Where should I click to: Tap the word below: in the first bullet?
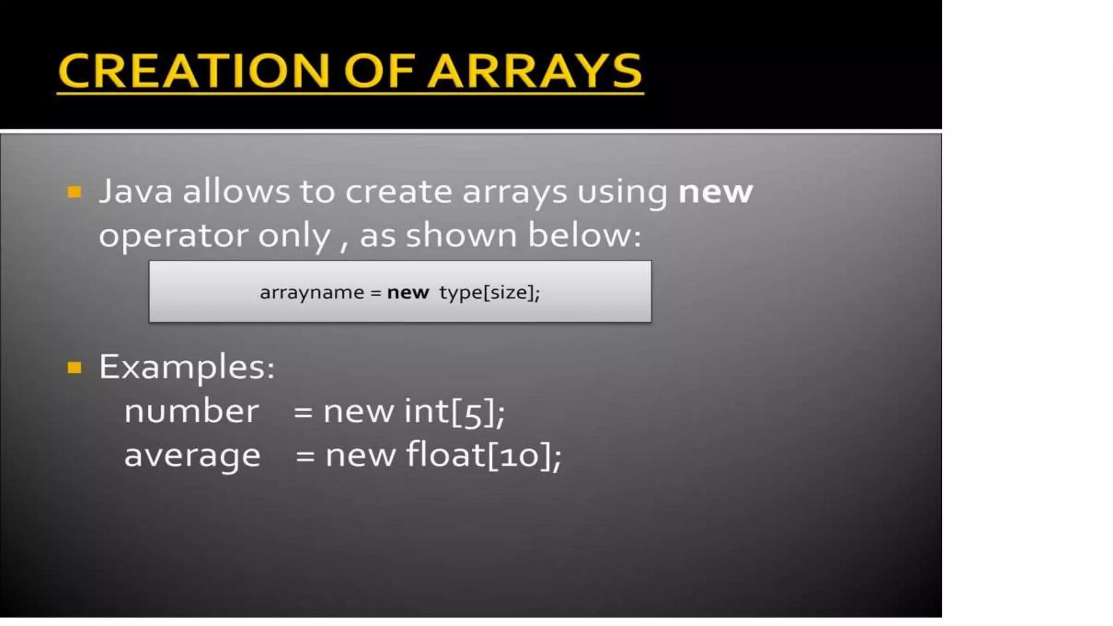585,235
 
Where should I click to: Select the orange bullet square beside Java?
74,192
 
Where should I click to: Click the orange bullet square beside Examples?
74,368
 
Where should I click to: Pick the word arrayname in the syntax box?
312,292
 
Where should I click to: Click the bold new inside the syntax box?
408,292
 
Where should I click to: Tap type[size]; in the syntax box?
490,292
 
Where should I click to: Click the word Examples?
186,367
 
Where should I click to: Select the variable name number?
191,411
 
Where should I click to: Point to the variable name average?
192,455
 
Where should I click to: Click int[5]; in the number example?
454,411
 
